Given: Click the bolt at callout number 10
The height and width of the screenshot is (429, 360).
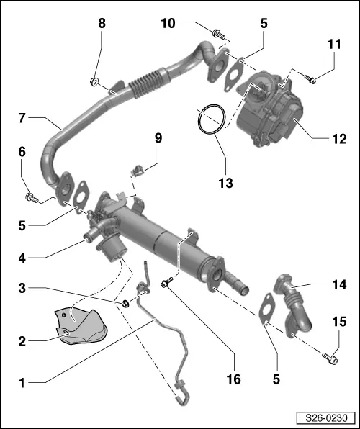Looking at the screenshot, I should (x=217, y=33).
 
